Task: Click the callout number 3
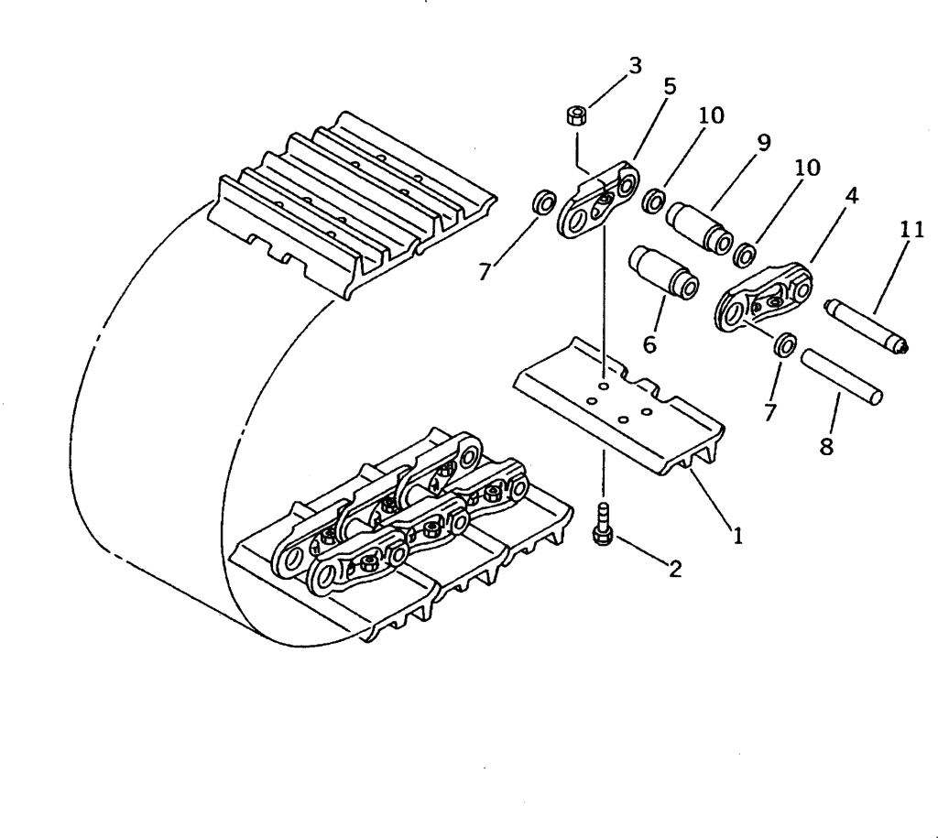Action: point(635,66)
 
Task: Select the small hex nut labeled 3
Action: point(576,115)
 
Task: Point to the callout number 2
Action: point(675,569)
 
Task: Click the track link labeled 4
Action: point(762,297)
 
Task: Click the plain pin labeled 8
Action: point(842,375)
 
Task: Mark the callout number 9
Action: point(763,143)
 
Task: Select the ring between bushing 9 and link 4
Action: point(746,252)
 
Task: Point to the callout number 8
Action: point(826,448)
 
